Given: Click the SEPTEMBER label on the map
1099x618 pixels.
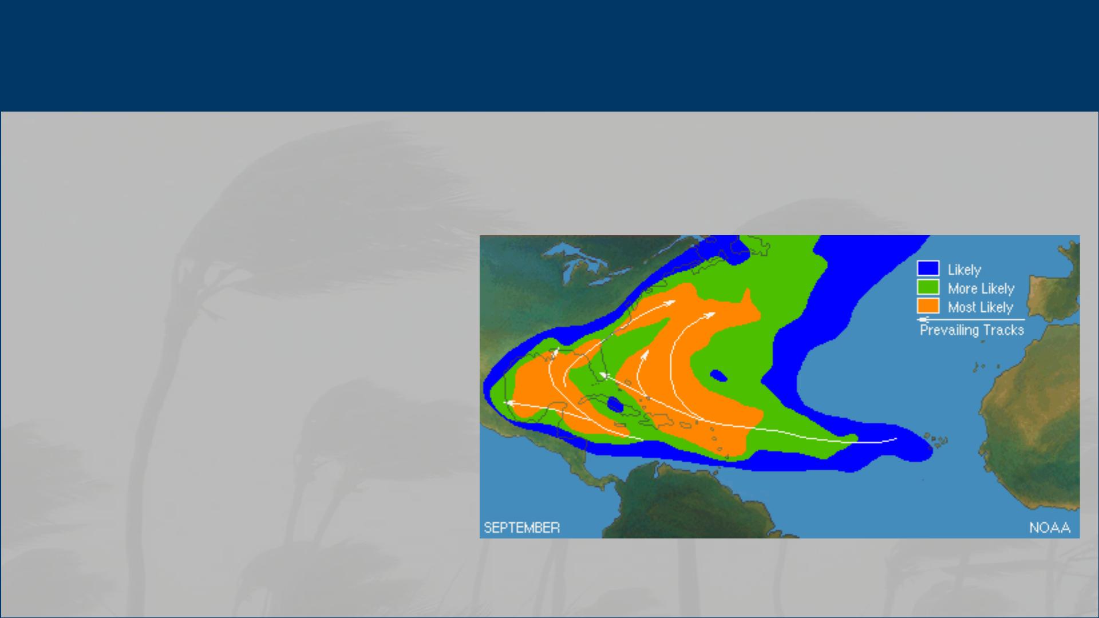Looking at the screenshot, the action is (x=521, y=528).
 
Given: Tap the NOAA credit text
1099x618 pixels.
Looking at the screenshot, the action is (x=1050, y=528).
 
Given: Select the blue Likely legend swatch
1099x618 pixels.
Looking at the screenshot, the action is (x=928, y=268).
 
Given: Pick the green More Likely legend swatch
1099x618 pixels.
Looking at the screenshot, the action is (x=928, y=287).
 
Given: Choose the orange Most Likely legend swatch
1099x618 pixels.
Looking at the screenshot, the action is (x=928, y=306).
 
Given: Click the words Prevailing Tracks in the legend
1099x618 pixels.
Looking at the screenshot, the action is (x=972, y=330).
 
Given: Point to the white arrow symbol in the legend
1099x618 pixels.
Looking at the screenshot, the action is (x=971, y=319).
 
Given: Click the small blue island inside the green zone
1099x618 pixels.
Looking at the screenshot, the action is (x=718, y=376).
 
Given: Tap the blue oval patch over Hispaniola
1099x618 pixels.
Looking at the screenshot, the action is (x=615, y=405).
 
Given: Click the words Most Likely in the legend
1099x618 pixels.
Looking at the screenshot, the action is (x=981, y=307).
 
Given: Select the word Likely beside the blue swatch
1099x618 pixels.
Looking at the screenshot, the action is (x=964, y=270).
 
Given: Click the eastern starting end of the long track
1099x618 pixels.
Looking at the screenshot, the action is (x=896, y=439).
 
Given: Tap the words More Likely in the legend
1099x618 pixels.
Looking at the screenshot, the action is (x=981, y=288).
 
